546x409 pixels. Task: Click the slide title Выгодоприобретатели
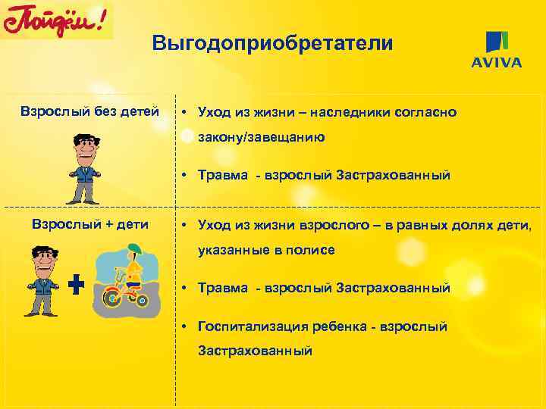(272, 43)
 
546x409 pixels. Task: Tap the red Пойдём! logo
(57, 20)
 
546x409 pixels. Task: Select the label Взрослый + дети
(89, 224)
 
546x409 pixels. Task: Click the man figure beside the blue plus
(42, 280)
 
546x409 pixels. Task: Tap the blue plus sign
(76, 285)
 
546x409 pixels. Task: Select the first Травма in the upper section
(222, 176)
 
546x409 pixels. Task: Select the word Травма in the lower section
(222, 288)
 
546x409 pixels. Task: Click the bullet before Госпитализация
(184, 326)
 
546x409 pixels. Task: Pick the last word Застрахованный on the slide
(255, 351)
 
